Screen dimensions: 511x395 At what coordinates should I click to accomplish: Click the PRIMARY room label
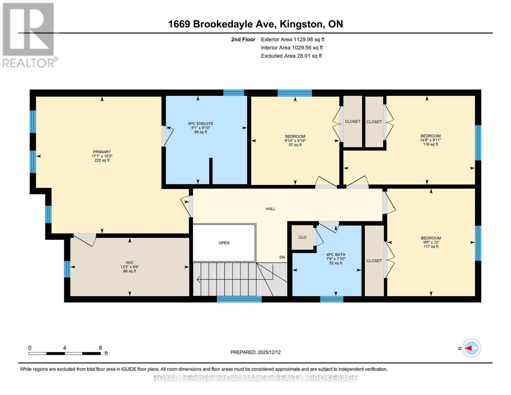tap(102, 152)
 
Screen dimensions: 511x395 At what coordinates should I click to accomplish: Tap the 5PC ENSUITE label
tap(200, 123)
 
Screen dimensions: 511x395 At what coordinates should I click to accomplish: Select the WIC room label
tap(130, 263)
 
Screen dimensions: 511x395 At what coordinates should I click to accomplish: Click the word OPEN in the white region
tap(224, 243)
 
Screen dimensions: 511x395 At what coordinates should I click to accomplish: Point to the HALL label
tap(270, 209)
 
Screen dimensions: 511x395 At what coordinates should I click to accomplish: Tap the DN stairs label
tap(282, 257)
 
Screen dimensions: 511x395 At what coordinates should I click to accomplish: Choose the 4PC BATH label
tap(336, 254)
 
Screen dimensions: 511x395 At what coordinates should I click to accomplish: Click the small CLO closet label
tap(302, 237)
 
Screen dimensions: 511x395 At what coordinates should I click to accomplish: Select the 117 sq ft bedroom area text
tap(431, 247)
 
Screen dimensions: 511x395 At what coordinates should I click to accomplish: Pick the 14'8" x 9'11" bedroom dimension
tap(430, 140)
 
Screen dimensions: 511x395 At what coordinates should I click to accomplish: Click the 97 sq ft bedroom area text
tap(295, 145)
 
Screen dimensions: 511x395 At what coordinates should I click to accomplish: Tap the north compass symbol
tap(471, 348)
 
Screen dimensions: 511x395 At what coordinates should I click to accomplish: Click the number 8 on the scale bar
tap(100, 348)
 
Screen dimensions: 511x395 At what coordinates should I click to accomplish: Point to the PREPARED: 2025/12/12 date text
tap(255, 352)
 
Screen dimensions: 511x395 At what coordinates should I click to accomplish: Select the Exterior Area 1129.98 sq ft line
tap(293, 39)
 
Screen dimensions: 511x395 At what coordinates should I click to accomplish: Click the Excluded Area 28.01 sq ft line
tap(291, 56)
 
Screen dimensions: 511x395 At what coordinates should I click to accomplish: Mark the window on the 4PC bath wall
tap(332, 299)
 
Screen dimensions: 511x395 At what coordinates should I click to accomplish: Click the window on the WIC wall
tap(67, 269)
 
